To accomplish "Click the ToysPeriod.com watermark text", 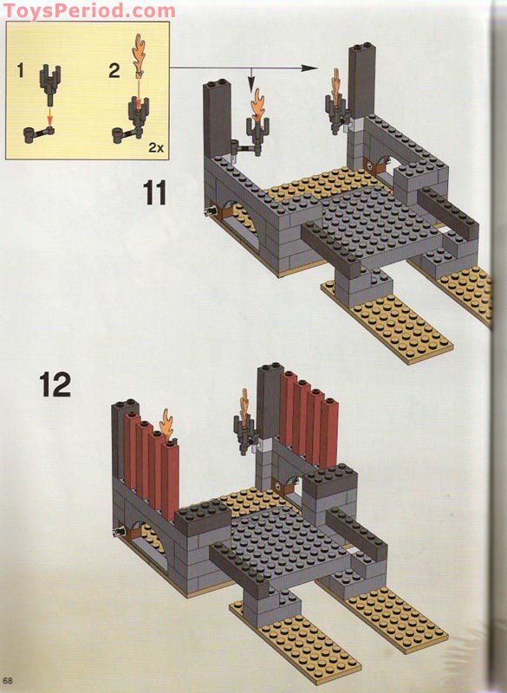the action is point(88,10).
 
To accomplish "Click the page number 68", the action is point(8,681).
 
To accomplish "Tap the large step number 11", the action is point(155,192).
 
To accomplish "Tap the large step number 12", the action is point(55,385).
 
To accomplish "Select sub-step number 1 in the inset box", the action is point(20,71).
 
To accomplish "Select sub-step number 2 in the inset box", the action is point(114,71).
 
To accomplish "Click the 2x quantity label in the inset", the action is point(156,147).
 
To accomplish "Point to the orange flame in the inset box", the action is point(139,55).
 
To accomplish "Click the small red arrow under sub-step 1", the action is point(50,117).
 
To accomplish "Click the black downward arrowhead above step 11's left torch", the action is point(251,83).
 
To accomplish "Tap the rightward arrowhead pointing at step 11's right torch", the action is point(310,68).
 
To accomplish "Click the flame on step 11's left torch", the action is point(257,104).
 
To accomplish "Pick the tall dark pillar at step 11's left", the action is point(217,119).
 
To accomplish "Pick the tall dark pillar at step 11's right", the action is point(362,81).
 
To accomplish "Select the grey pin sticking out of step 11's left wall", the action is point(210,212).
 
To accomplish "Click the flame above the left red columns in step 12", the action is point(166,424).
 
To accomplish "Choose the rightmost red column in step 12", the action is point(329,433).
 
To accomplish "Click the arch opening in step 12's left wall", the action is point(148,543).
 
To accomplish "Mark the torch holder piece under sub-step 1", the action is point(50,84).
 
